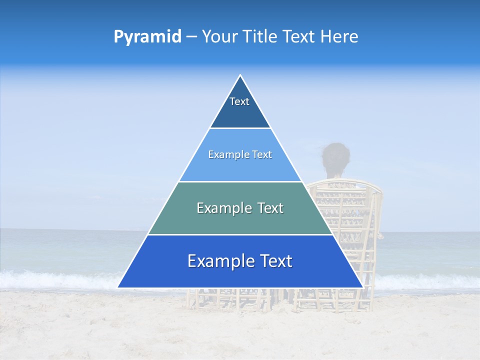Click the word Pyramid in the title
click(147, 37)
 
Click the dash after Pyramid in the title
click(191, 37)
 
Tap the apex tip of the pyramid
click(240, 76)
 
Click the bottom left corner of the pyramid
click(118, 287)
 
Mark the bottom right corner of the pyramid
click(362, 287)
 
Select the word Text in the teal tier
click(269, 208)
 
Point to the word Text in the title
click(299, 37)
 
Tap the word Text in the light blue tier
click(261, 155)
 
